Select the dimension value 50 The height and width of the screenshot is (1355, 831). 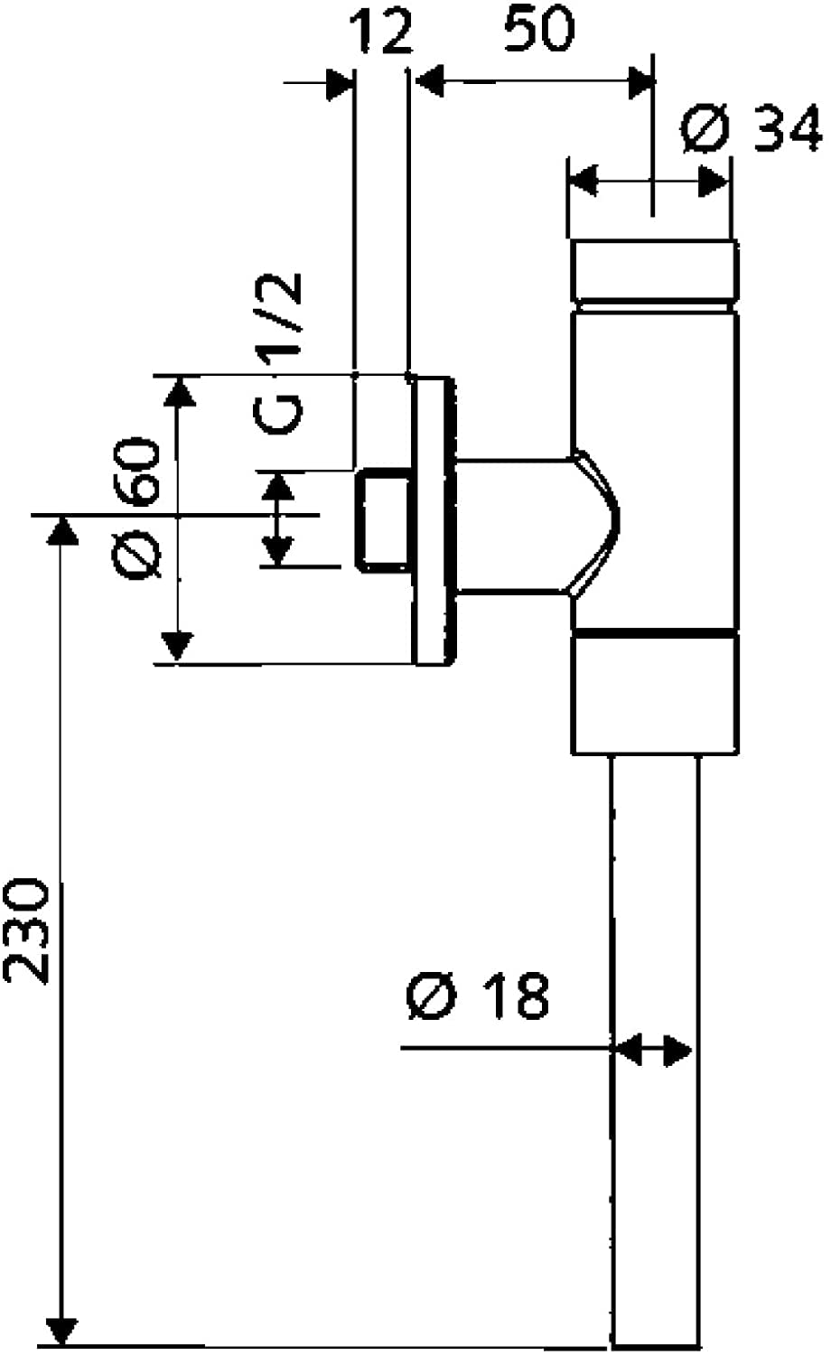click(x=538, y=28)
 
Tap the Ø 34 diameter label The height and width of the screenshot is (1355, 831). click(x=752, y=127)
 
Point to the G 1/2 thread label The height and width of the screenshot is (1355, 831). click(x=279, y=353)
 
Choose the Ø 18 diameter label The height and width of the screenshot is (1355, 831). click(x=478, y=996)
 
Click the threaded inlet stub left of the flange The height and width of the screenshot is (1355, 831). click(x=385, y=520)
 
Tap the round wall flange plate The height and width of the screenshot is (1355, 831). click(x=433, y=520)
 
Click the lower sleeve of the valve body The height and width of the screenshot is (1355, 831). click(x=655, y=693)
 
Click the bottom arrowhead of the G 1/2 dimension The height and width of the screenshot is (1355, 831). click(x=277, y=550)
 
